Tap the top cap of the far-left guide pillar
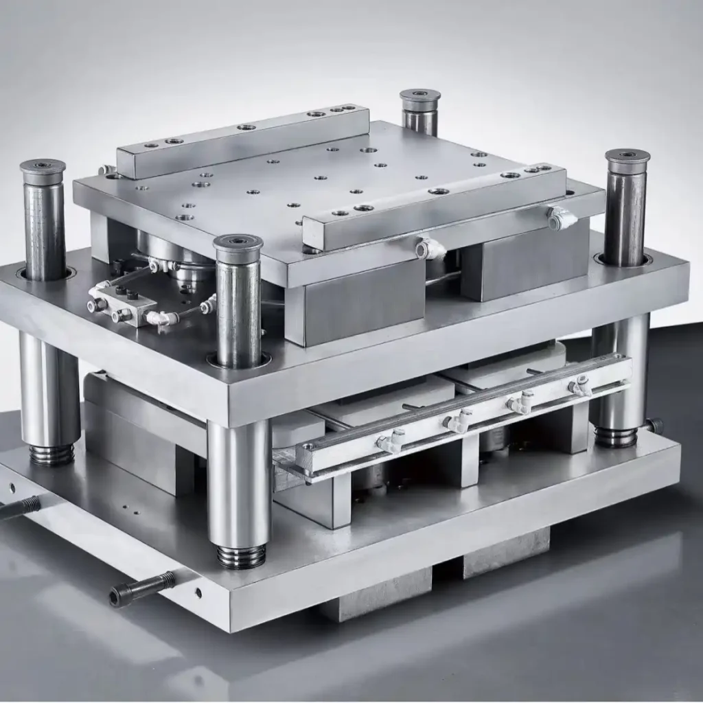coord(43,167)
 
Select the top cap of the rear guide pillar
coord(419,97)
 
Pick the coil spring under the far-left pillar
coord(51,454)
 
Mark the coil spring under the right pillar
coord(615,437)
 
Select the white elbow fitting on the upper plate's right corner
coord(562,218)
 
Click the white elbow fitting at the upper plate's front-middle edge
coord(430,249)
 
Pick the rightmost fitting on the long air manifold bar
coord(580,387)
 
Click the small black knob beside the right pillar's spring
coord(655,426)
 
